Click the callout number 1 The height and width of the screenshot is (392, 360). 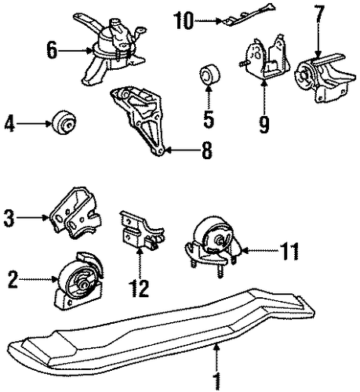[x=216, y=383]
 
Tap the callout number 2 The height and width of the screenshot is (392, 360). [x=13, y=279]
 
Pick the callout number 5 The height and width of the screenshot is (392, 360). [x=209, y=118]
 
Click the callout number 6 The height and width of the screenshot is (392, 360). [x=52, y=50]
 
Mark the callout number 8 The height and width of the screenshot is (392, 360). [x=206, y=150]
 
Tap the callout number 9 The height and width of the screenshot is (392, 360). [x=264, y=124]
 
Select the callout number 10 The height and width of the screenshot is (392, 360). [x=184, y=20]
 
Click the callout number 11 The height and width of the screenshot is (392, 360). [x=289, y=251]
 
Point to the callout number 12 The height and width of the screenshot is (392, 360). [x=140, y=288]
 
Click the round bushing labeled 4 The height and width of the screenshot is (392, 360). [x=64, y=122]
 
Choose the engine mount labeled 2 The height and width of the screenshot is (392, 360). [x=79, y=282]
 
